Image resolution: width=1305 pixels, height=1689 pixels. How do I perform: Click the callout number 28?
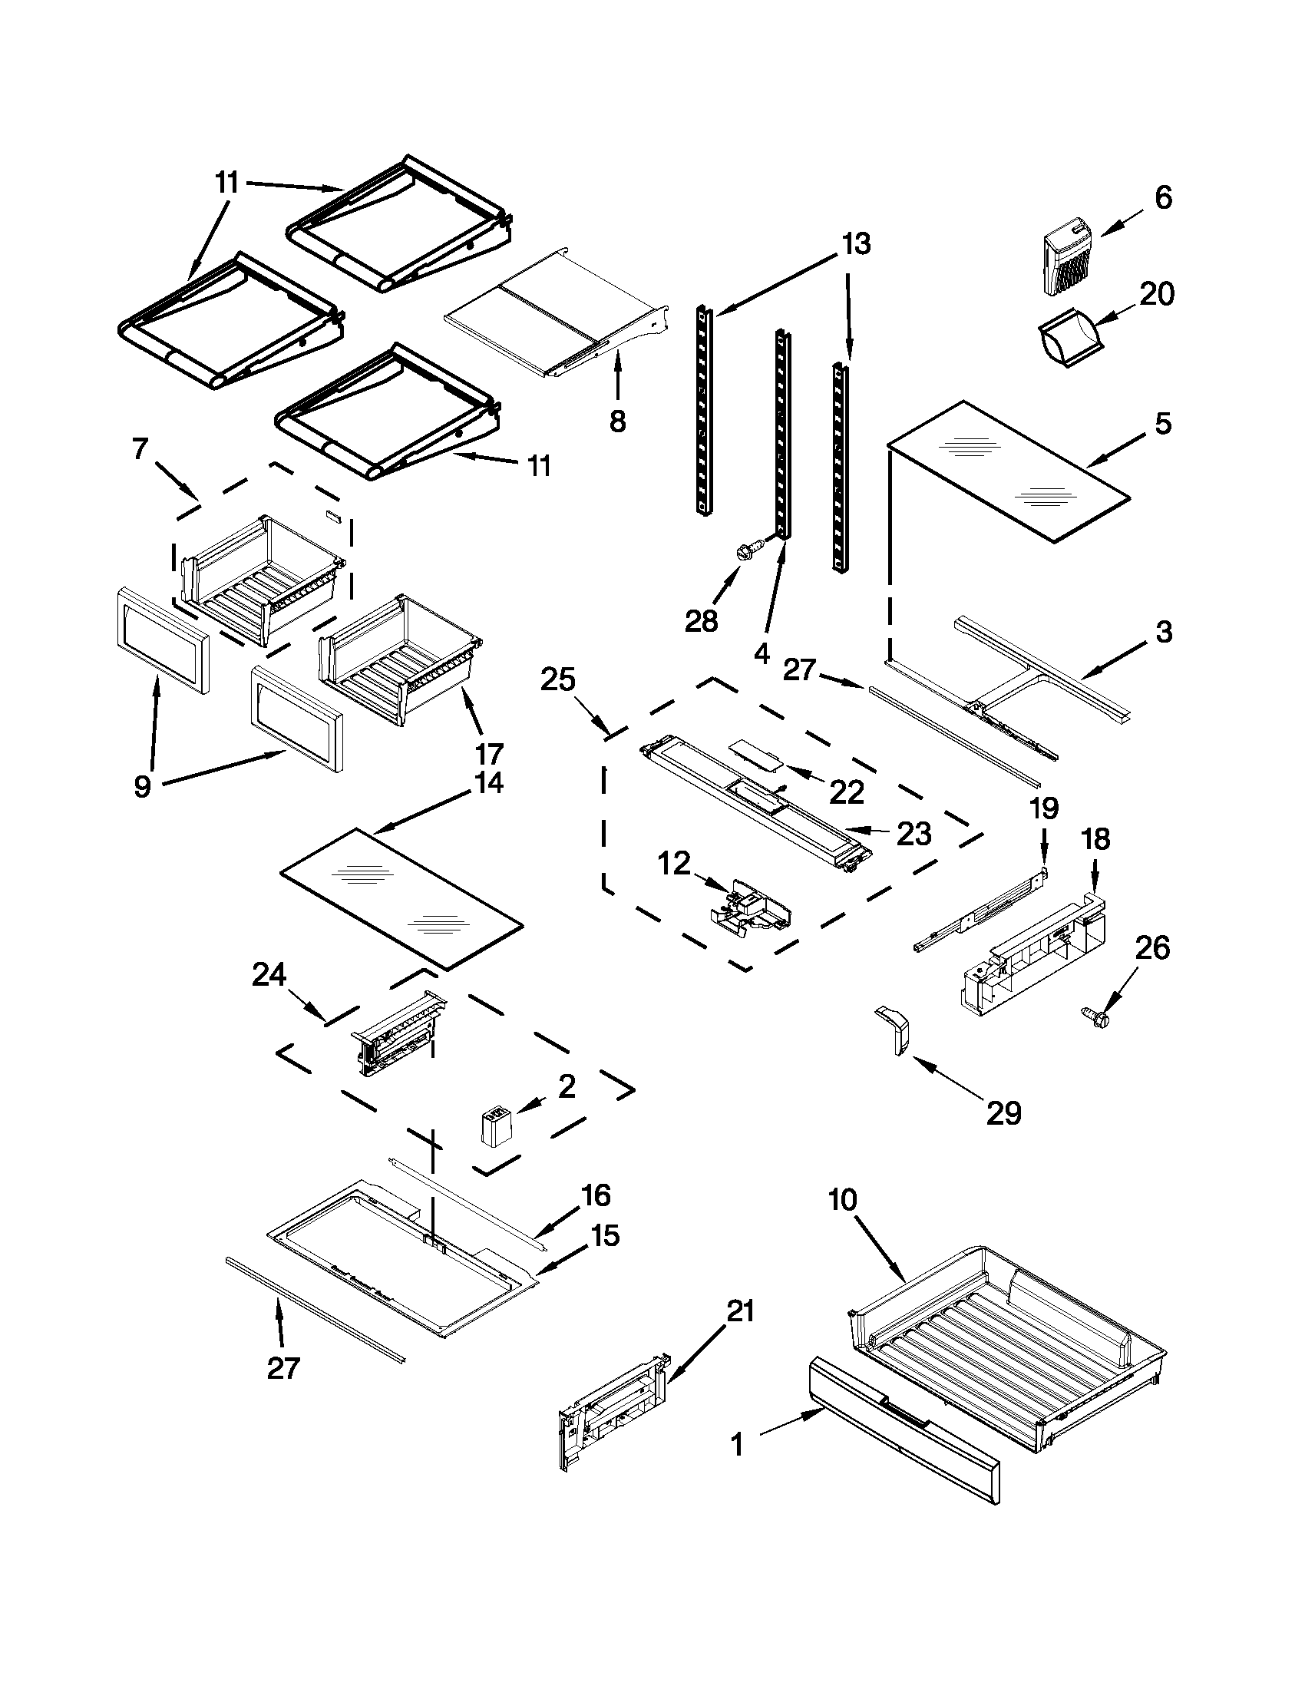pyautogui.click(x=701, y=620)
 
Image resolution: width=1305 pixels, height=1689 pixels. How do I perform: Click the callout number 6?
pyautogui.click(x=1163, y=197)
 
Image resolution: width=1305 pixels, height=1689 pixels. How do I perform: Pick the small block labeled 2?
pyautogui.click(x=494, y=1131)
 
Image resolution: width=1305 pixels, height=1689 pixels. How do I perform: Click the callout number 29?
pyautogui.click(x=1003, y=1113)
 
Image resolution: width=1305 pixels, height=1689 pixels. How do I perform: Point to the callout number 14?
pyautogui.click(x=488, y=782)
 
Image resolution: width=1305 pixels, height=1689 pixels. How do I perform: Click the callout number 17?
pyautogui.click(x=488, y=752)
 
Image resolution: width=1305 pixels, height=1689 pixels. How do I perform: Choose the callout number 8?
pyautogui.click(x=617, y=421)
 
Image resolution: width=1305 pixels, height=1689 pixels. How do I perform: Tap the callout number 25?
pyautogui.click(x=557, y=679)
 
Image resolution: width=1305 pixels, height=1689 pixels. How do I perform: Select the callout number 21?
pyautogui.click(x=740, y=1311)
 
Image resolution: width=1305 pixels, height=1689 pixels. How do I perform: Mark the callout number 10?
pyautogui.click(x=843, y=1200)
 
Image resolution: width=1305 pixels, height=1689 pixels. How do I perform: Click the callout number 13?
pyautogui.click(x=856, y=243)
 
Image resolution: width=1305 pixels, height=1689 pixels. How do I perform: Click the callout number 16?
pyautogui.click(x=596, y=1195)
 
